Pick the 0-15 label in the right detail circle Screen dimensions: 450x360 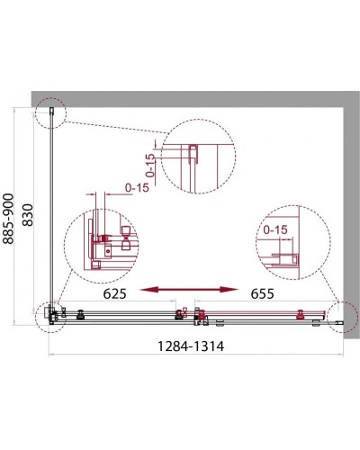tap(272, 229)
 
